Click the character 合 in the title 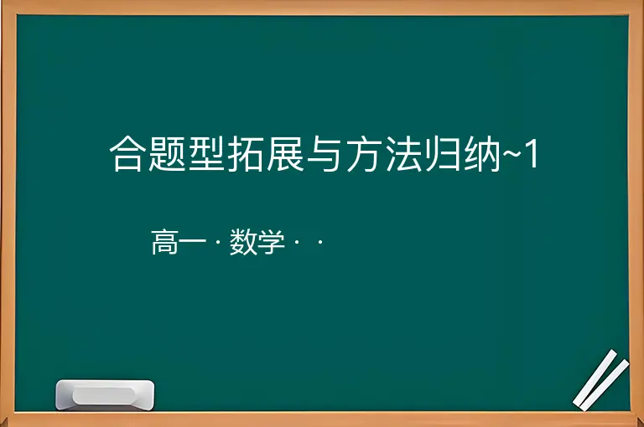[127, 154]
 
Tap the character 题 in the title [167, 154]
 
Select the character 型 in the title [207, 154]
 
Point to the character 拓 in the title [247, 154]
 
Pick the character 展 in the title [286, 154]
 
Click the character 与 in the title [325, 154]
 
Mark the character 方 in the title [365, 154]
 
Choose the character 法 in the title [404, 154]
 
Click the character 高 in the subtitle [165, 242]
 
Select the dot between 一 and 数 [218, 243]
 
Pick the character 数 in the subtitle [243, 242]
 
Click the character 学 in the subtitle [272, 242]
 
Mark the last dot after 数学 [320, 243]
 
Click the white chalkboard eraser [105, 394]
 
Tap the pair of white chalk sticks [601, 380]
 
